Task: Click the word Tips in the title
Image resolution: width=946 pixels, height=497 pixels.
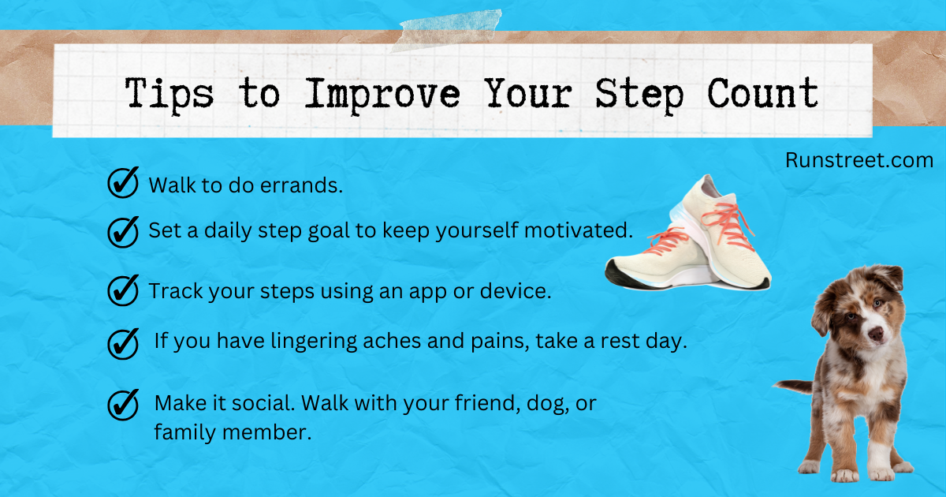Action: point(169,95)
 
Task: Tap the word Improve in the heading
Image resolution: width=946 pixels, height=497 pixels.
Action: point(382,95)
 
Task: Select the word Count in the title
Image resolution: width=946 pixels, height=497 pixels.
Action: point(763,93)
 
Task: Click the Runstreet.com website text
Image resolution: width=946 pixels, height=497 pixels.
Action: point(859,160)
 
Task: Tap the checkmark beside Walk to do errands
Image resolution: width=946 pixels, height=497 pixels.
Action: point(123,182)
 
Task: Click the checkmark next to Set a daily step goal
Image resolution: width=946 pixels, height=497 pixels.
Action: point(123,232)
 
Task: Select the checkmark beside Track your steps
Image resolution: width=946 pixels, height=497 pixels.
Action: point(123,290)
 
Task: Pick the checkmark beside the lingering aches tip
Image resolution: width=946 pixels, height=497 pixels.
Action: point(123,344)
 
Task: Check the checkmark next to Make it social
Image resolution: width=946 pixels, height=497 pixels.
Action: point(123,405)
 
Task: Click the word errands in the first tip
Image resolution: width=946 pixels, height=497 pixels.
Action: point(301,185)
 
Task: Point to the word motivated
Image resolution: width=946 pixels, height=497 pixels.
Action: point(579,230)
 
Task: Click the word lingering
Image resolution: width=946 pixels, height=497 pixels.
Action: point(314,342)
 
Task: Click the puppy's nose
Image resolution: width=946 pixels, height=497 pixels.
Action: point(876,334)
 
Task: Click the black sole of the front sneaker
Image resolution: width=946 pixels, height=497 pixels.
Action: point(634,279)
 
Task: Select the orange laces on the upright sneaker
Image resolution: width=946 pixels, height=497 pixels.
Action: point(727,226)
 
